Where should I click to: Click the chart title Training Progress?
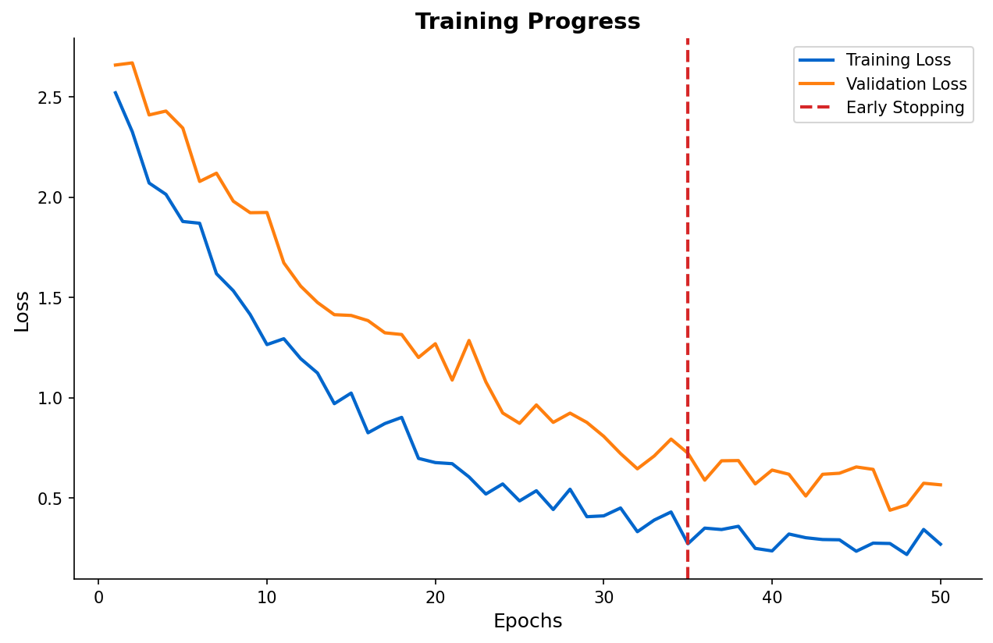(528, 22)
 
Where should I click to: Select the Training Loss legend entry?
(898, 60)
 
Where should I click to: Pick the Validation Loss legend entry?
(906, 84)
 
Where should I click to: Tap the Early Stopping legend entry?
(905, 108)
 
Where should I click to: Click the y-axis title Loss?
(22, 311)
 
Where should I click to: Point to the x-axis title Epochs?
(528, 621)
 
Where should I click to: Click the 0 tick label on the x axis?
(98, 598)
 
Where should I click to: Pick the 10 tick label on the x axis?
(267, 598)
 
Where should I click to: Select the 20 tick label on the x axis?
(435, 598)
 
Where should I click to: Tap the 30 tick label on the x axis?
(603, 598)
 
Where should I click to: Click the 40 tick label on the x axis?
(772, 598)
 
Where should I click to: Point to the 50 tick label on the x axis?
(940, 598)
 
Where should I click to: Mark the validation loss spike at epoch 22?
(468, 340)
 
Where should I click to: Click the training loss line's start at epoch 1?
(115, 92)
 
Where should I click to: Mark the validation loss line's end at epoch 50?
(940, 485)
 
